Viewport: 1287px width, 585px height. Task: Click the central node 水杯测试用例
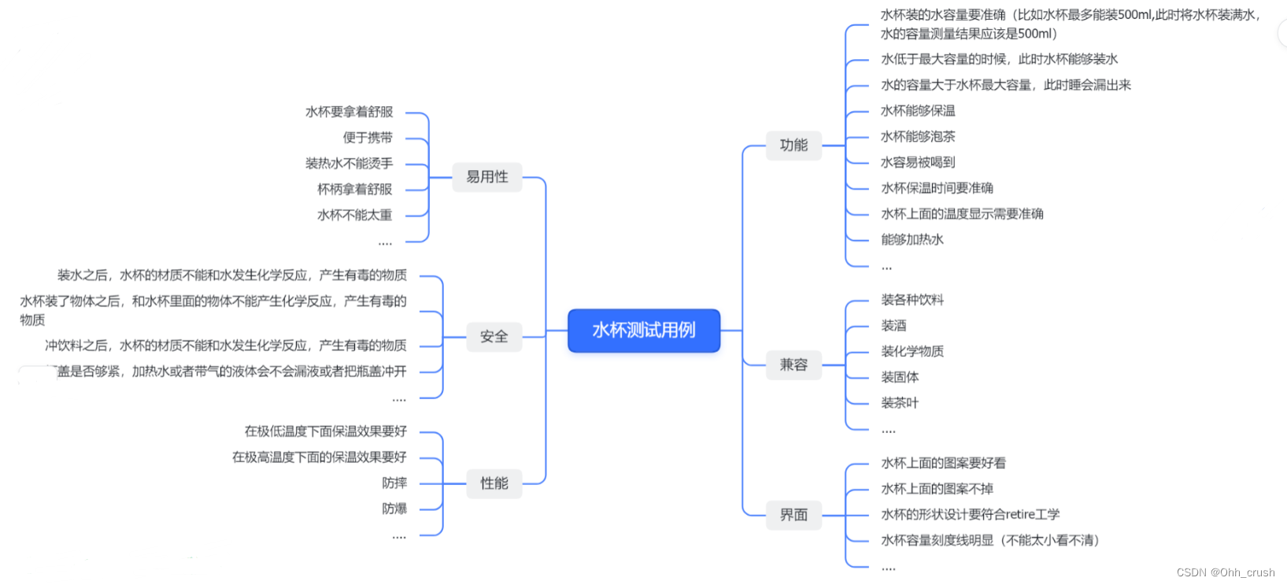point(644,331)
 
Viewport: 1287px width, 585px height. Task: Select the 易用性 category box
point(487,177)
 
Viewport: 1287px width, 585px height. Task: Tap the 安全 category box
point(494,337)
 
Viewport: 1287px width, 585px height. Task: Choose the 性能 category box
point(494,483)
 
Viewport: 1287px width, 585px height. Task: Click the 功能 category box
point(793,146)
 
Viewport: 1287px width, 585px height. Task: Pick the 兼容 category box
point(793,365)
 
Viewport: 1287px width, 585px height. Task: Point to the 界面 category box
point(793,515)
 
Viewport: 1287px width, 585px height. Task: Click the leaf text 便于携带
point(368,138)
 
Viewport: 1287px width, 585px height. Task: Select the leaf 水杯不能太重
point(354,215)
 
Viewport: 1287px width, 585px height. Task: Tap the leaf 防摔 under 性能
point(394,483)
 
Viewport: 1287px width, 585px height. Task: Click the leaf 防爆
point(394,509)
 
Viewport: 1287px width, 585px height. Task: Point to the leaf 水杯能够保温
point(918,111)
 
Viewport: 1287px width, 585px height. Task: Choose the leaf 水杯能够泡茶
point(918,137)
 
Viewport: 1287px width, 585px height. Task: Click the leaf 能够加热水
point(912,239)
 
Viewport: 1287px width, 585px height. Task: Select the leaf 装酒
point(893,326)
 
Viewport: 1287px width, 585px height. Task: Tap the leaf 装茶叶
point(900,403)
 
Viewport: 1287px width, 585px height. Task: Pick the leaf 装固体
point(900,377)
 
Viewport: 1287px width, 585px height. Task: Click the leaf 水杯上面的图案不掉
point(937,489)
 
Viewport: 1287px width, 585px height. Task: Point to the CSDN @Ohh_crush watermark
point(1226,572)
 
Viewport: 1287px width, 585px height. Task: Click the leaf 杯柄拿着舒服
point(354,189)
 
